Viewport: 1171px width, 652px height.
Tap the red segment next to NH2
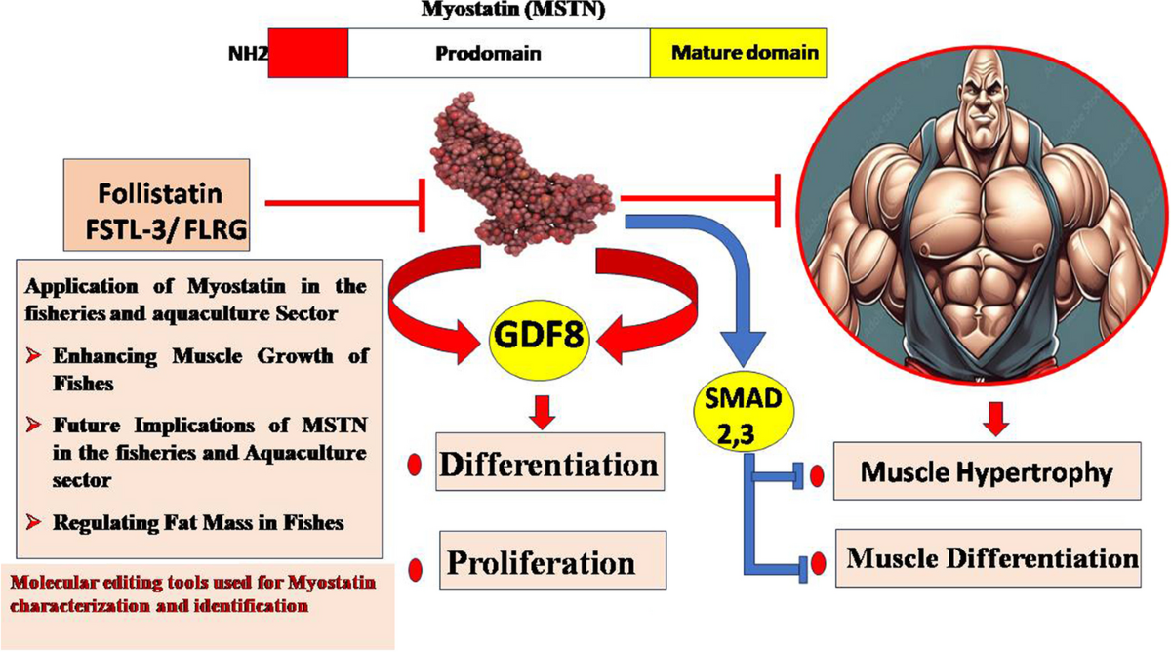(x=307, y=53)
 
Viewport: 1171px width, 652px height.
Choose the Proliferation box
(x=553, y=563)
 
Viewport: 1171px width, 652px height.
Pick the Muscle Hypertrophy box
(x=988, y=475)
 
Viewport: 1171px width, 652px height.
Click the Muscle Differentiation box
(x=988, y=559)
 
